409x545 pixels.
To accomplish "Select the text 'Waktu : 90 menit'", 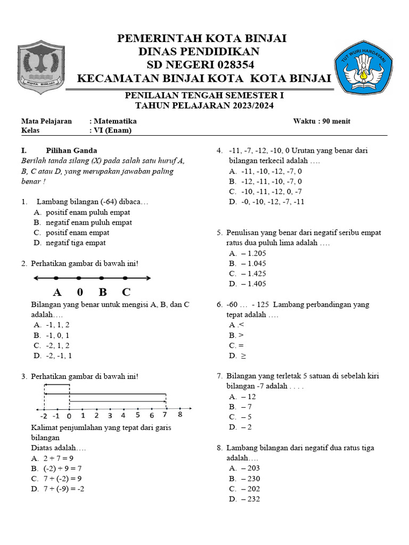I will click(322, 121).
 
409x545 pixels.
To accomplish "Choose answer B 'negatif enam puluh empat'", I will click(88, 222).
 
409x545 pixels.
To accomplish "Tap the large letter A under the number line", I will click(58, 292).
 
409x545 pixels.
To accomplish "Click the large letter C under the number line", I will click(126, 292).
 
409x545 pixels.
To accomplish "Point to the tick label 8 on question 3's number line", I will click(179, 415).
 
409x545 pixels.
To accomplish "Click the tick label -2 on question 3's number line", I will click(44, 416).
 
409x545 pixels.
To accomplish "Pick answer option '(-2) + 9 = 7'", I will click(62, 468).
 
